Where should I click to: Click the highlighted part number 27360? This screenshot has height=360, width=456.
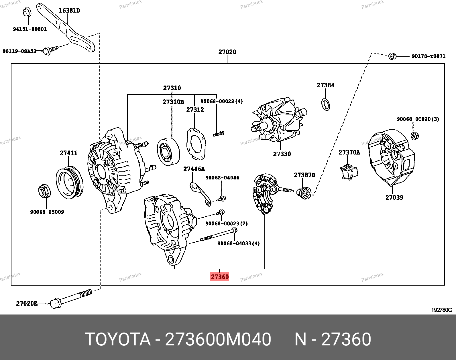(219, 277)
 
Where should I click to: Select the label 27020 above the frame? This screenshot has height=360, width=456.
(227, 52)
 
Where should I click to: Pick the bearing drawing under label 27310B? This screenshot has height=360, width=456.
(168, 151)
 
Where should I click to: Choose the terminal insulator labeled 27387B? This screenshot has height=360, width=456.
(304, 193)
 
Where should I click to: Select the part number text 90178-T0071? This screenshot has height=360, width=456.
(429, 56)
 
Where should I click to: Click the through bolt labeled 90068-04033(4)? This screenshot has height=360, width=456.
(218, 235)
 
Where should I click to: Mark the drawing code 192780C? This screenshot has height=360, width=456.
(441, 310)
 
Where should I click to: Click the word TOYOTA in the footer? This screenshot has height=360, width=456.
(117, 339)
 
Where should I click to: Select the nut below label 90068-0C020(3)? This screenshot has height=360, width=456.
(414, 136)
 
